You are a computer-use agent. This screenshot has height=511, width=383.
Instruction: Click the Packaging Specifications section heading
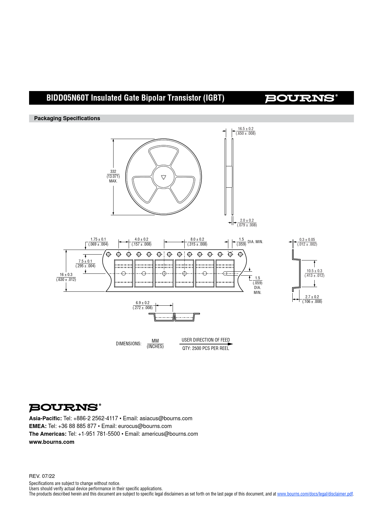coord(67,118)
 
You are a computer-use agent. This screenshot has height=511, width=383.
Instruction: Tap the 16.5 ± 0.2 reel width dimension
coord(246,129)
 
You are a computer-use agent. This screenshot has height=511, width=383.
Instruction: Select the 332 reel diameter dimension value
coord(113,172)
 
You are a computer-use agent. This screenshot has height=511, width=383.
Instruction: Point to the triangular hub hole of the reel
coord(164,177)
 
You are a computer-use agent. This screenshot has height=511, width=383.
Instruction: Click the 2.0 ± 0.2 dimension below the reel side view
coord(247,221)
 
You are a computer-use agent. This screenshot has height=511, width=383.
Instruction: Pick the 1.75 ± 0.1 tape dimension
coord(98,239)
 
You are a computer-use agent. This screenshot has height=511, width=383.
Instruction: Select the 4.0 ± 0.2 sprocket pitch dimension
coord(141,239)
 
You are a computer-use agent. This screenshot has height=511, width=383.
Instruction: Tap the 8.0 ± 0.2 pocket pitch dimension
coord(197,239)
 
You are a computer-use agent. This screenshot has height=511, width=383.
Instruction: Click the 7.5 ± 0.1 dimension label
coord(85,261)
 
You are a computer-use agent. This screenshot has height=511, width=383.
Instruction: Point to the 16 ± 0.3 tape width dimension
coord(66,275)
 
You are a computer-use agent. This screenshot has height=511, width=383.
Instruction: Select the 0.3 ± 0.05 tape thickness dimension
coord(307,240)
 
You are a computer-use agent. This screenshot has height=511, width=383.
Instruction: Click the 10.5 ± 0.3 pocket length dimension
coord(314,271)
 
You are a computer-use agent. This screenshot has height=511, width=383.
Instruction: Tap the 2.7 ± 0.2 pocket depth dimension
coord(312,297)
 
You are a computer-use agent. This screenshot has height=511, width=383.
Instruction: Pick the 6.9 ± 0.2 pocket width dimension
coord(143,303)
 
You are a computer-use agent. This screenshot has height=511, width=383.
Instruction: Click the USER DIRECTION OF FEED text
coord(206,340)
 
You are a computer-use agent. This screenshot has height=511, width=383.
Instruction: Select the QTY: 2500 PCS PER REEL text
coord(206,348)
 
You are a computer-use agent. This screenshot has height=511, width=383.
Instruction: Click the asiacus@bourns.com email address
coord(166,418)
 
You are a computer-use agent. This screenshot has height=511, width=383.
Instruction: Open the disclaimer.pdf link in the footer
coord(315,494)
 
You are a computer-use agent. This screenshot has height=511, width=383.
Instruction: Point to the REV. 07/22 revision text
coord(42,476)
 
